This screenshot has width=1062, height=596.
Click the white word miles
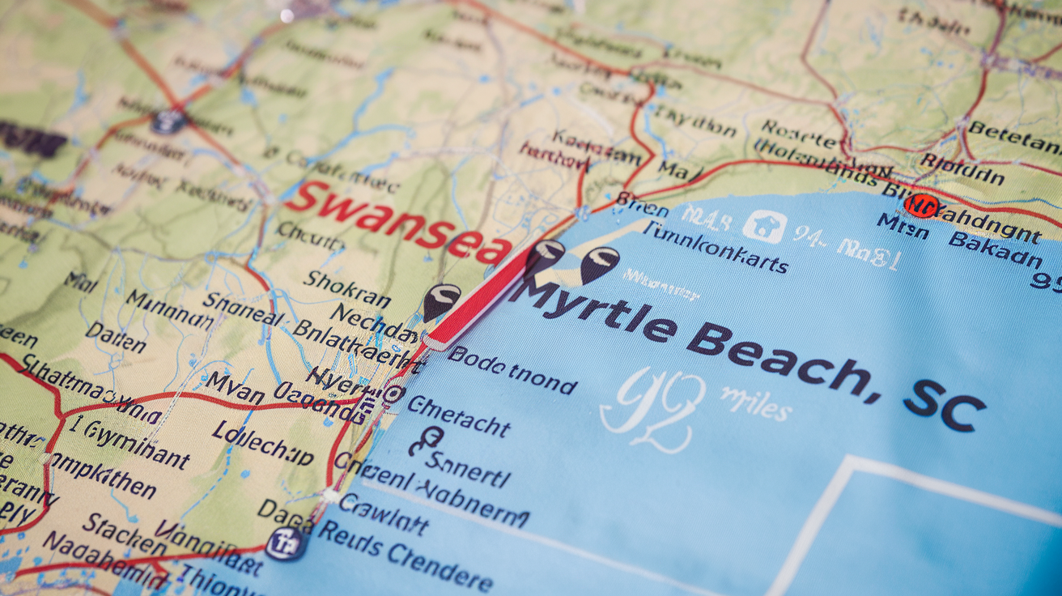pos(754,403)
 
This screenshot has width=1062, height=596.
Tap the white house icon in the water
pos(764,226)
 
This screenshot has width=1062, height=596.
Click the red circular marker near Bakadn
pos(920,205)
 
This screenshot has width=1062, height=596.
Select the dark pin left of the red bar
pos(441,302)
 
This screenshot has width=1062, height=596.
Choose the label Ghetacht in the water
pos(458,415)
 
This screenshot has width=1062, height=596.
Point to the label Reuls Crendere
pos(405,555)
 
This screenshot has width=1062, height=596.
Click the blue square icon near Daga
pos(284,543)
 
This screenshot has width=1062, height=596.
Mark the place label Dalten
pos(116,338)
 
